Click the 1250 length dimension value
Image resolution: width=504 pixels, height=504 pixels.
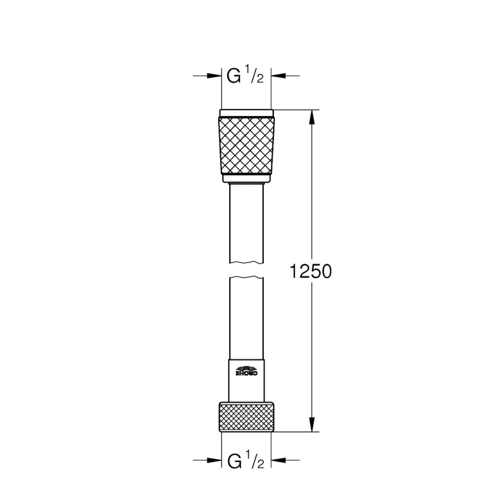pyautogui.click(x=310, y=272)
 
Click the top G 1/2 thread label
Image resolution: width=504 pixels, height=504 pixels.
pyautogui.click(x=245, y=76)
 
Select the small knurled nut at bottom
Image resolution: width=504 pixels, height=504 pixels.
pyautogui.click(x=246, y=417)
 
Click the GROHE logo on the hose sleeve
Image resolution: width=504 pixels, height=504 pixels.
pyautogui.click(x=246, y=371)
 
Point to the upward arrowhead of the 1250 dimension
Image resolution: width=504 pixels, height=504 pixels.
pyautogui.click(x=312, y=117)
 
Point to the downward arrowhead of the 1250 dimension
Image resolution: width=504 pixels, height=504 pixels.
pyautogui.click(x=312, y=424)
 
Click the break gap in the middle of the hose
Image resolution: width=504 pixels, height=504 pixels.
pyautogui.click(x=246, y=270)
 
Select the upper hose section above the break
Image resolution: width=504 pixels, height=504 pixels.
pyautogui.click(x=246, y=223)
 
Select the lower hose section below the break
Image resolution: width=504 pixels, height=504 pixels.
pyautogui.click(x=246, y=315)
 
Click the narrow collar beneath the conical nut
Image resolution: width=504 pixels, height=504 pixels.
pyautogui.click(x=246, y=179)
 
